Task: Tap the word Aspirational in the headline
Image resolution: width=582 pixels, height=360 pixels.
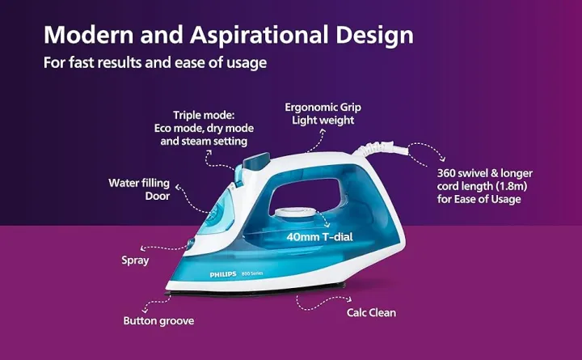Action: click(x=258, y=36)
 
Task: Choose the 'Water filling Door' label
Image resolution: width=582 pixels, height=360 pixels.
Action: click(x=139, y=189)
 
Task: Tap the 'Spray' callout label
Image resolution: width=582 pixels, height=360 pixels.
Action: click(x=134, y=260)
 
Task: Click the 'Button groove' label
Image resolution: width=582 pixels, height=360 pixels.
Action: click(x=158, y=320)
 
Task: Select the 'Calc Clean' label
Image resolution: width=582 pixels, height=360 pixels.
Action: click(x=371, y=312)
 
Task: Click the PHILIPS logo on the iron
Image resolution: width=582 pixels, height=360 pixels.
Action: click(x=223, y=275)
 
